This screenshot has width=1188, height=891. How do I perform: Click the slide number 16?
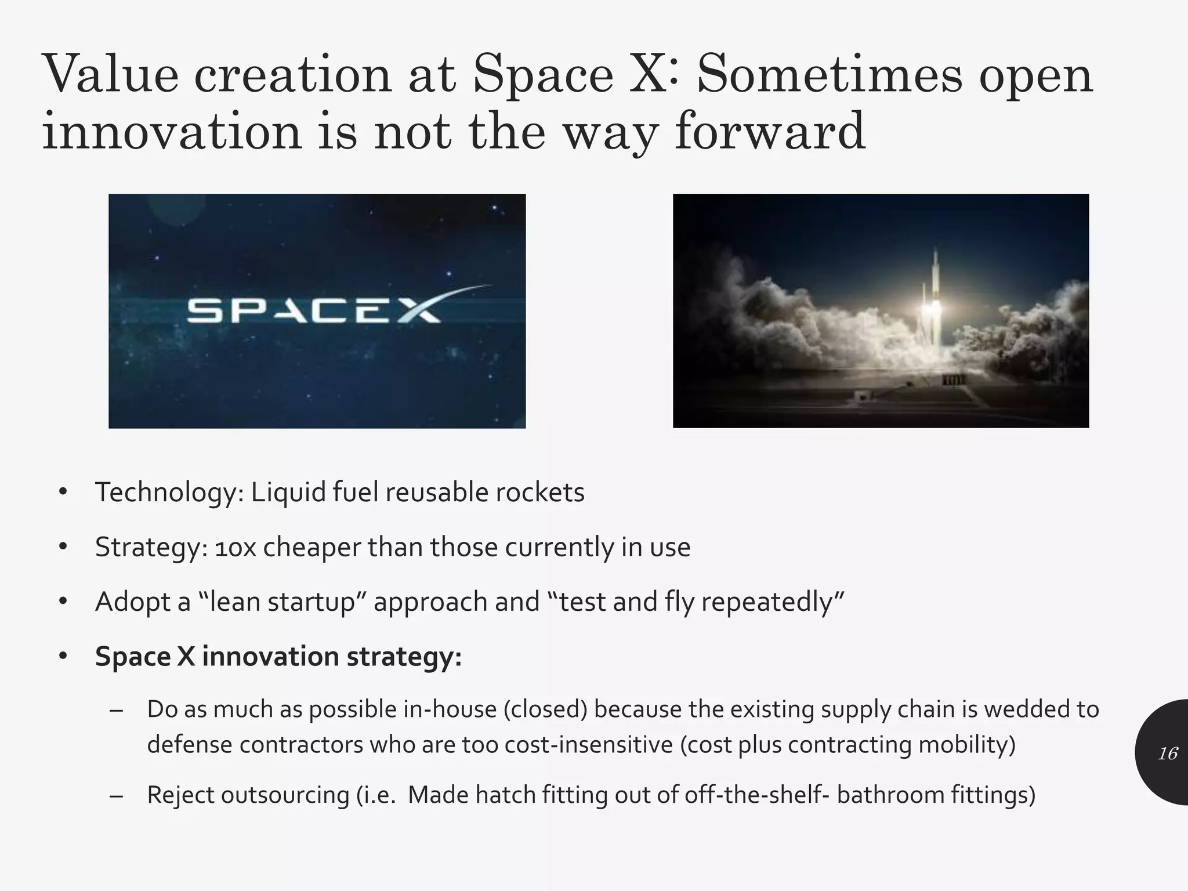coord(1167,754)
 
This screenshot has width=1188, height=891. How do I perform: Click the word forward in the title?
coord(770,131)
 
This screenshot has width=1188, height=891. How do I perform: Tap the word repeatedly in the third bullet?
coord(772,602)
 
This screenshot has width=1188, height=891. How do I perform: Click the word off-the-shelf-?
coord(757,795)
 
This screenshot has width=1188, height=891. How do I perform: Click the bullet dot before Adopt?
coord(63,602)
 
